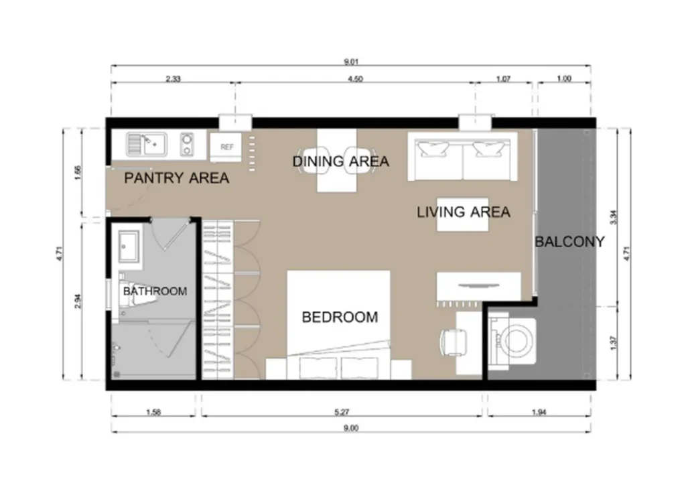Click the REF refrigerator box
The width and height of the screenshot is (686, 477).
click(x=226, y=147)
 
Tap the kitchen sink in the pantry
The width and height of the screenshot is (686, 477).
click(x=147, y=145)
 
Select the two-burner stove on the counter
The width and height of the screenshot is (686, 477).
click(x=187, y=145)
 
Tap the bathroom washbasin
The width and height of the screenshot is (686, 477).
click(x=129, y=247)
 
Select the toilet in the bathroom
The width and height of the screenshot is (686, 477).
click(x=132, y=296)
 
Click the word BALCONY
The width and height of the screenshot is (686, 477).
click(x=569, y=242)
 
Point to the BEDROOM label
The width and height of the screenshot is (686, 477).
click(x=340, y=317)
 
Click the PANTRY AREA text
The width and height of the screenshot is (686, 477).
click(x=176, y=178)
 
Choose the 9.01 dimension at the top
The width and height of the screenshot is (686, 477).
click(x=351, y=62)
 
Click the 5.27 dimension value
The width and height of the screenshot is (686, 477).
click(x=342, y=412)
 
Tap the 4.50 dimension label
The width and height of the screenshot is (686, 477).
click(x=355, y=79)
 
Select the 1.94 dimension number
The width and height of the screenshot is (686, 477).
click(x=539, y=412)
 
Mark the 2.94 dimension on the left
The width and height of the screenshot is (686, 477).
click(x=78, y=301)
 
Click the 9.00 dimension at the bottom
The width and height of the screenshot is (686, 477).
click(x=351, y=428)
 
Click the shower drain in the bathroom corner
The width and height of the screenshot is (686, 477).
click(x=117, y=374)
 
